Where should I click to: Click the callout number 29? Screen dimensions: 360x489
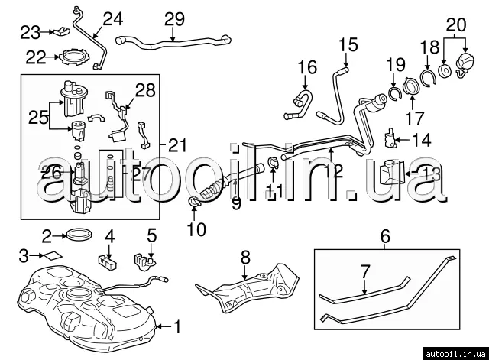(x=174, y=18)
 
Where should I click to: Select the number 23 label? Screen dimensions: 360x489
(x=30, y=32)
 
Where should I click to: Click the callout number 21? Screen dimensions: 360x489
(x=177, y=143)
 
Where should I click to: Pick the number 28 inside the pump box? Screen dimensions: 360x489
(x=145, y=91)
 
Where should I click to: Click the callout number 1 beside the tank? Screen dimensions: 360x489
(x=177, y=329)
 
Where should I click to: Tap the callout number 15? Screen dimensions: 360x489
(x=348, y=45)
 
